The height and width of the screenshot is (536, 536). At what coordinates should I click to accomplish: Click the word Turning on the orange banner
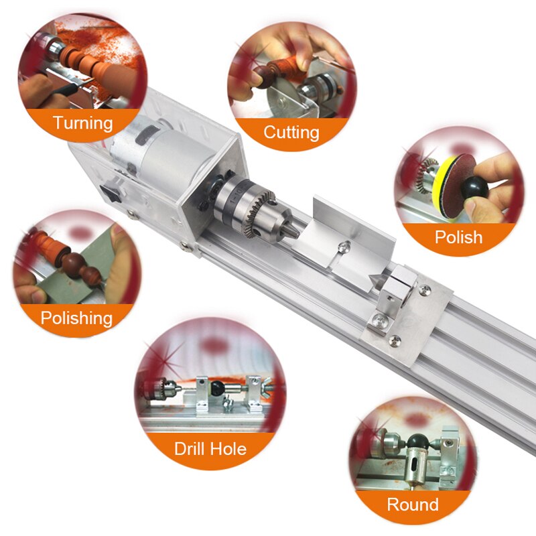[83, 123]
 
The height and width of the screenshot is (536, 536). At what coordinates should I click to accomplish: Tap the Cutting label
[291, 131]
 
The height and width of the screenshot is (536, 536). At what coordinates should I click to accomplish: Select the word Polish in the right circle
[458, 237]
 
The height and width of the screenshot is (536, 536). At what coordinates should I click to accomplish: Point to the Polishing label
[76, 318]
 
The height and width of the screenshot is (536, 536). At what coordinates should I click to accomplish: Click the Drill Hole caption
[210, 448]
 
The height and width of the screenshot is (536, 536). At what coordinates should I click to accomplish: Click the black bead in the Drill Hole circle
[218, 388]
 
